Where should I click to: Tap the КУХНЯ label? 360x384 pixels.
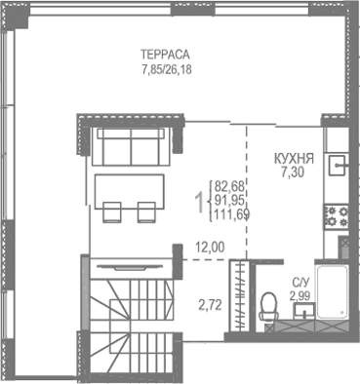(293, 157)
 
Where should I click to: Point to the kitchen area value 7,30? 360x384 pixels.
(293, 172)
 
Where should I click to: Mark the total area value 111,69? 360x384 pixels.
(232, 215)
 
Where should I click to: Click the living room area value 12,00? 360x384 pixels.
(209, 248)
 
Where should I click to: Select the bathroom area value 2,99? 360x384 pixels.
(300, 295)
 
